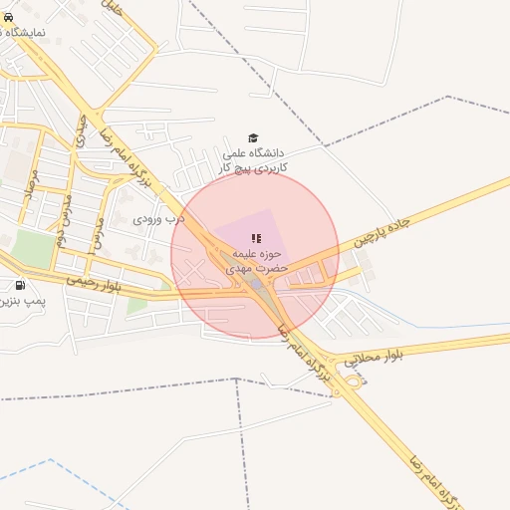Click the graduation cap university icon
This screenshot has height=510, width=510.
point(253,138)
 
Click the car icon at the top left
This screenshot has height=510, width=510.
point(9,17)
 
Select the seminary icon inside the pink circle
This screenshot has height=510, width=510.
point(255,239)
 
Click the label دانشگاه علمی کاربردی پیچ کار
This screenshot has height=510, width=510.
point(253,160)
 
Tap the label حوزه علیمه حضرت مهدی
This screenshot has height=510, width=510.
point(257,260)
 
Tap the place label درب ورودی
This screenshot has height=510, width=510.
point(159,215)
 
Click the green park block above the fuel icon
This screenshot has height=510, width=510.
point(35,248)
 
